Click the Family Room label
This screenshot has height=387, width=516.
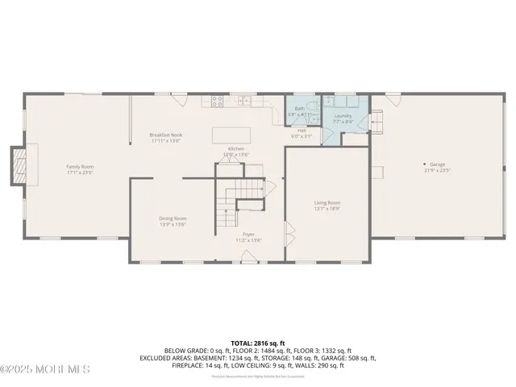tap(80, 167)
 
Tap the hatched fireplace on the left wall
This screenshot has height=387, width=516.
tap(17, 164)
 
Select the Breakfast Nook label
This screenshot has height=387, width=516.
tap(166, 135)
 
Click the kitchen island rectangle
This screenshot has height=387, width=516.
tap(231, 135)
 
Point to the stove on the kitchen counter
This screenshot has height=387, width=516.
tap(217, 102)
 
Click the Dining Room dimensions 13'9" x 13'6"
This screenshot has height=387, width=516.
tap(172, 224)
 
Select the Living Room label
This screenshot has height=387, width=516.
tap(327, 202)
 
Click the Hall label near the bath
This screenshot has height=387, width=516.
tap(301, 130)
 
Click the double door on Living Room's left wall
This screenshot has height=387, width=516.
tap(287, 231)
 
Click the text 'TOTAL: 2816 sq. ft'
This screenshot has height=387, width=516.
tap(257, 343)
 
